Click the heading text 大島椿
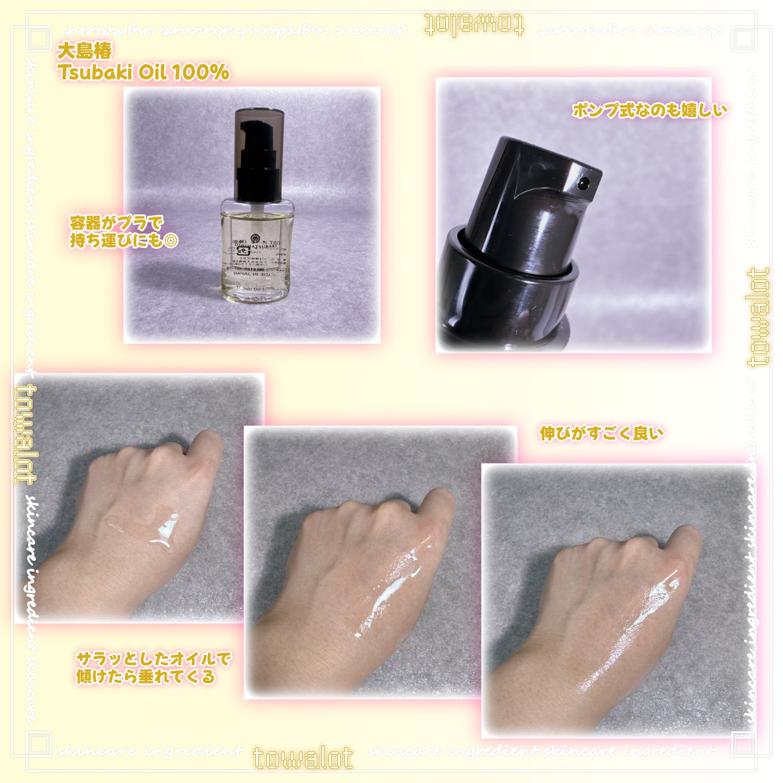[85, 51]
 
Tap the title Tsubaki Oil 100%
[144, 72]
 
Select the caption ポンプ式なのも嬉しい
[649, 110]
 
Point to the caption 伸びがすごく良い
[601, 433]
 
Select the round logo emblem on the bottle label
[255, 239]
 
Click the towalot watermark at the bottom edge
[303, 758]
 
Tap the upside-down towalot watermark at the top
[474, 25]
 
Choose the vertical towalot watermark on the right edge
[759, 318]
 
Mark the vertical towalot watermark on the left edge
[24, 434]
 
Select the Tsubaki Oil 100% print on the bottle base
[255, 289]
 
